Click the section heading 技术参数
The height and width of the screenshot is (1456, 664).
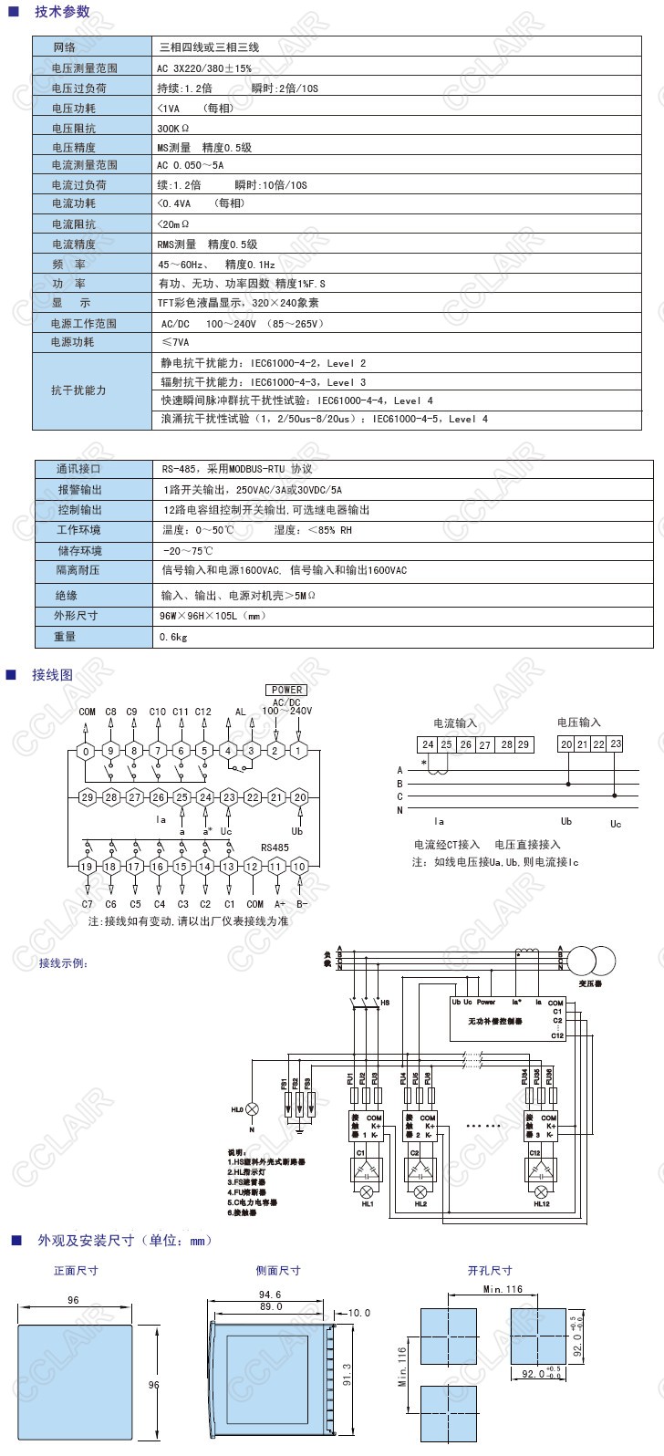62,12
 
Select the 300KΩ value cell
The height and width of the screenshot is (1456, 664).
173,128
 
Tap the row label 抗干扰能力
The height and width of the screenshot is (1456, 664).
78,390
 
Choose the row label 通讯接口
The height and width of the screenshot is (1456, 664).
78,469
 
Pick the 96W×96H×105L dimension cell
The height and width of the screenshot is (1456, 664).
212,616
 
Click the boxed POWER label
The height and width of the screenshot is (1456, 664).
286,690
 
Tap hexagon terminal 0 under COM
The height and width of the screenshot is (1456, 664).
86,751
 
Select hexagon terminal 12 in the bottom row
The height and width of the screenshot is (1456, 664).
252,866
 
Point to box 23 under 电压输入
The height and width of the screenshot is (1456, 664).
616,744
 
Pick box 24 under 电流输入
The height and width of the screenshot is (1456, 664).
428,744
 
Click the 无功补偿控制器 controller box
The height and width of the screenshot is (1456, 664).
507,1018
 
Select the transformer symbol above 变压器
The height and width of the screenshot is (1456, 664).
591,961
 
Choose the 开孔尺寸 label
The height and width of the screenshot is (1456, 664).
490,1270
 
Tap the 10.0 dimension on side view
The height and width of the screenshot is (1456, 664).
359,1314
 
